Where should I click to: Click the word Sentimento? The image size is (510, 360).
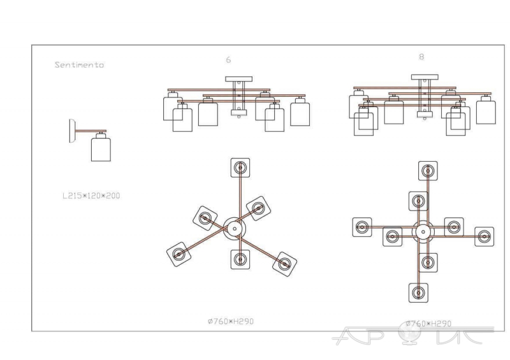[79, 65]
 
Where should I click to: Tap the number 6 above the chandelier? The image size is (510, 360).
[228, 60]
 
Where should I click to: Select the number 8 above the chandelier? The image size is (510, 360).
[421, 57]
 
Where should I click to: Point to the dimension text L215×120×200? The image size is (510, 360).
[91, 196]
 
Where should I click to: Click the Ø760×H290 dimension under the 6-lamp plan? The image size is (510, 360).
[231, 321]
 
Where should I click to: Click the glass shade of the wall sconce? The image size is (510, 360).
[101, 150]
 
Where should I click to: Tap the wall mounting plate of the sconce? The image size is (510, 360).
[72, 131]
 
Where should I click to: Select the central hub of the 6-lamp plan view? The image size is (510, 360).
[235, 229]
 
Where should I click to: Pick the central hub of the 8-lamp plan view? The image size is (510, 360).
[423, 232]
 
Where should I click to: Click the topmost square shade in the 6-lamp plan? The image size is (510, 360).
[240, 168]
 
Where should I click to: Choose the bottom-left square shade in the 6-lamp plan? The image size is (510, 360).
[179, 254]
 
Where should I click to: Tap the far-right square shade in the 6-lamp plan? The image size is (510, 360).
[284, 264]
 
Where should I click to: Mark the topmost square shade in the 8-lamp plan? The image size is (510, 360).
[428, 171]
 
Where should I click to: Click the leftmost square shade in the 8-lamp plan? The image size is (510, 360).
[362, 227]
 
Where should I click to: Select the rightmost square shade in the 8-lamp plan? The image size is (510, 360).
[484, 237]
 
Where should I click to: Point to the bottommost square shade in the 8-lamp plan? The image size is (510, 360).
[418, 292]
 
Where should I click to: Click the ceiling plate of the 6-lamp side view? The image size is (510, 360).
[238, 79]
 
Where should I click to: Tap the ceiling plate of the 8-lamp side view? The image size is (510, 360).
[425, 77]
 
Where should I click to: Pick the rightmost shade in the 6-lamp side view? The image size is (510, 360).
[300, 114]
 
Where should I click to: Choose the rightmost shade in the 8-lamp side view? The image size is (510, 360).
[486, 112]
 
